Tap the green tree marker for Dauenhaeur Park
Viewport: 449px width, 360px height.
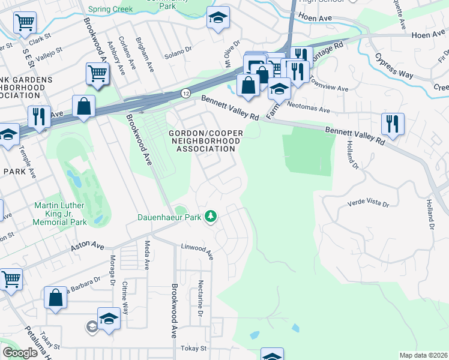point(211,216)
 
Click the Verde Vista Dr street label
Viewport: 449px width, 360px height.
point(369,204)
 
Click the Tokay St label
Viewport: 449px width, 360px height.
point(194,348)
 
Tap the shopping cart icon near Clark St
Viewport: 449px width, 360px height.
point(24,23)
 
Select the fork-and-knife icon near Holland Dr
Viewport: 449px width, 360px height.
point(393,124)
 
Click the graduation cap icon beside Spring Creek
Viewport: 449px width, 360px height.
point(218,18)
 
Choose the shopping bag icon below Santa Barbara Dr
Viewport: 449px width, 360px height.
point(55,299)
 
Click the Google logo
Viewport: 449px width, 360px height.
point(20,353)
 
